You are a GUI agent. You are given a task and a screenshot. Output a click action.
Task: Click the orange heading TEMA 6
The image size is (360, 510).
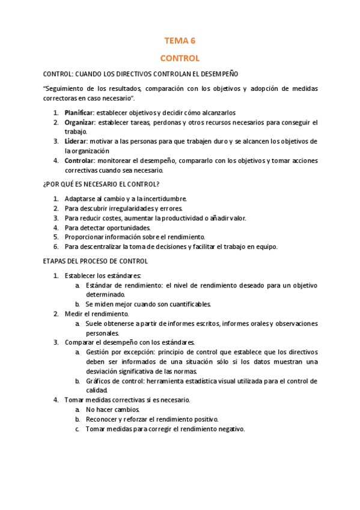(x=180, y=41)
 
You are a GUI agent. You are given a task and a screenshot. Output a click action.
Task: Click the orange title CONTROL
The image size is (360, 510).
(x=180, y=58)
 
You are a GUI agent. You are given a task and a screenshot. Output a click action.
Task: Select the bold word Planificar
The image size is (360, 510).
(x=79, y=112)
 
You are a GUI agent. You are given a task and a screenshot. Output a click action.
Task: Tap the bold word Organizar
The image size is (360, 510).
(x=79, y=122)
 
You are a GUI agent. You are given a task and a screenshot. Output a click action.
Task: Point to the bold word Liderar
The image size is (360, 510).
(x=76, y=141)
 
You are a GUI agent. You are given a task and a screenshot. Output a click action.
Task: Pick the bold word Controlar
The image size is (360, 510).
(x=79, y=161)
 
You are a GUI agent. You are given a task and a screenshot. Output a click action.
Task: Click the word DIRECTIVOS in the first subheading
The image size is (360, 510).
(x=139, y=74)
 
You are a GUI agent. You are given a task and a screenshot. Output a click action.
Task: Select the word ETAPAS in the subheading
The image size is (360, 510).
(x=56, y=262)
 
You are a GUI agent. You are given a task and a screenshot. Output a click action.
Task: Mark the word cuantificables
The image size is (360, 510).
(x=189, y=304)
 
